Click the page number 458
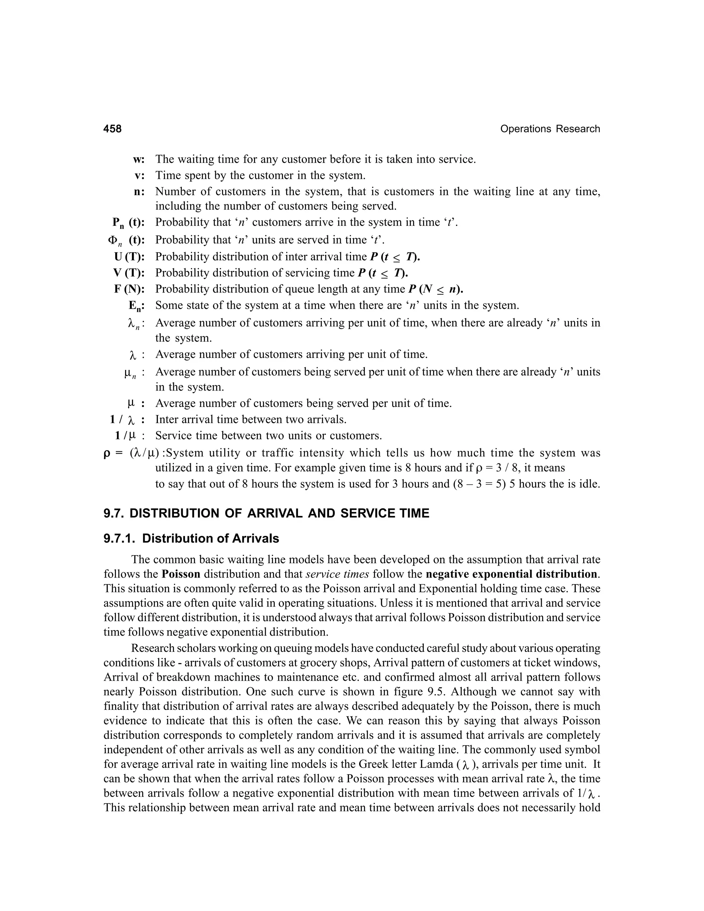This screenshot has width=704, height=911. click(x=113, y=129)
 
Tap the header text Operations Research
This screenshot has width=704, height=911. click(x=550, y=129)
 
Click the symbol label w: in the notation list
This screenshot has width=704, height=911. click(x=139, y=160)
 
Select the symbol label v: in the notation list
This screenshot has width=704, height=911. click(x=139, y=176)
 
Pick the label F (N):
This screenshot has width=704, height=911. click(x=129, y=289)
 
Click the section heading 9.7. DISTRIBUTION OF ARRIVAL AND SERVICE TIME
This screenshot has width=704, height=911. click(x=266, y=513)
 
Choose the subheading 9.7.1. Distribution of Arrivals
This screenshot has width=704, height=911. click(x=191, y=538)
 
